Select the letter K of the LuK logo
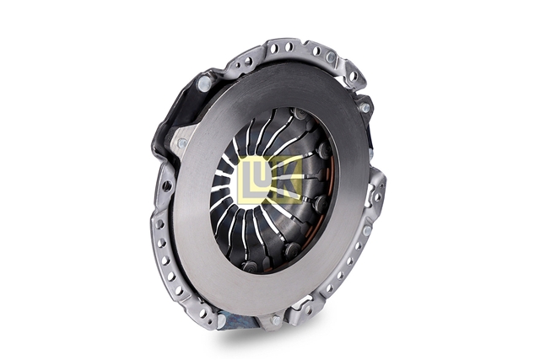[x=289, y=180]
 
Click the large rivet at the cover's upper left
[x=203, y=83]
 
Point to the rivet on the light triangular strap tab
[x=182, y=142]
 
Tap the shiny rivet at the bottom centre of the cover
[x=276, y=320]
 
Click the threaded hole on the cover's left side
[x=167, y=185]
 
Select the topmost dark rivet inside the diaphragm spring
[x=299, y=113]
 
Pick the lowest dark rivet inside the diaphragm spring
[x=249, y=266]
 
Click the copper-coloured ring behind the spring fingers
[x=327, y=200]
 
